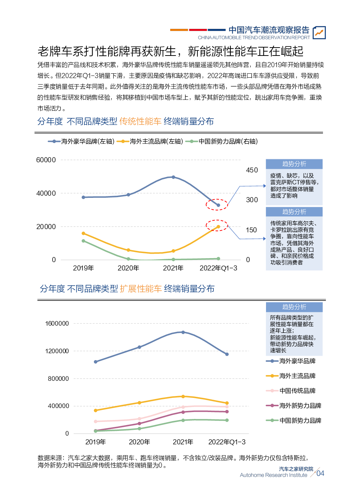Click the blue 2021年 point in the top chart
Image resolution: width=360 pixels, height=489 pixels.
[x=173, y=177]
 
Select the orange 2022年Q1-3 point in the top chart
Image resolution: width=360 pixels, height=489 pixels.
[x=218, y=227]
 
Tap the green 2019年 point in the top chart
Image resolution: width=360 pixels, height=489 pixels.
[x=83, y=241]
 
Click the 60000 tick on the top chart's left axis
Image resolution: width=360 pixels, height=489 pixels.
[x=46, y=160]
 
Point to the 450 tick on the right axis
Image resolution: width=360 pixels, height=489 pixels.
[x=252, y=170]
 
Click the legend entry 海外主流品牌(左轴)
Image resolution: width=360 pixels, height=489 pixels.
[x=150, y=142]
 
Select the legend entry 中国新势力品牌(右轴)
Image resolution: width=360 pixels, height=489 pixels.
[x=222, y=142]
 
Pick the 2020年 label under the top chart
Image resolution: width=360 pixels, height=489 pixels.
[x=128, y=268]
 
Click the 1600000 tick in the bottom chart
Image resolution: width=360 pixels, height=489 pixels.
[x=57, y=323]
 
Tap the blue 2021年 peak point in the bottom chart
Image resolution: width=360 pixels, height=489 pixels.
[x=183, y=332]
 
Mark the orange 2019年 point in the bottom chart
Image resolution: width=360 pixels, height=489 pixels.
[x=95, y=411]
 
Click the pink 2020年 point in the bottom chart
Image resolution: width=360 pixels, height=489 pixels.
[x=139, y=419]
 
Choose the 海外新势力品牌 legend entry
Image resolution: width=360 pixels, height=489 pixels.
[x=294, y=406]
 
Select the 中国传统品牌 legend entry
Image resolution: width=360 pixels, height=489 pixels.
[x=291, y=391]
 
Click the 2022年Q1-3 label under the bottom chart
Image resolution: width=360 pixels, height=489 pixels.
[x=227, y=442]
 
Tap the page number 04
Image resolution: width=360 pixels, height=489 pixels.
[x=320, y=473]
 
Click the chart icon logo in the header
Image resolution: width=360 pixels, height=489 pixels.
[x=319, y=33]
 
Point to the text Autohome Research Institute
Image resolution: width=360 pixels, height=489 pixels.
[x=274, y=475]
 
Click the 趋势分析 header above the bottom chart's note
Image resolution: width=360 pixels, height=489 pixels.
[x=294, y=307]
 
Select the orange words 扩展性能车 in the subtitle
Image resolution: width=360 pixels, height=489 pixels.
[x=141, y=289]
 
